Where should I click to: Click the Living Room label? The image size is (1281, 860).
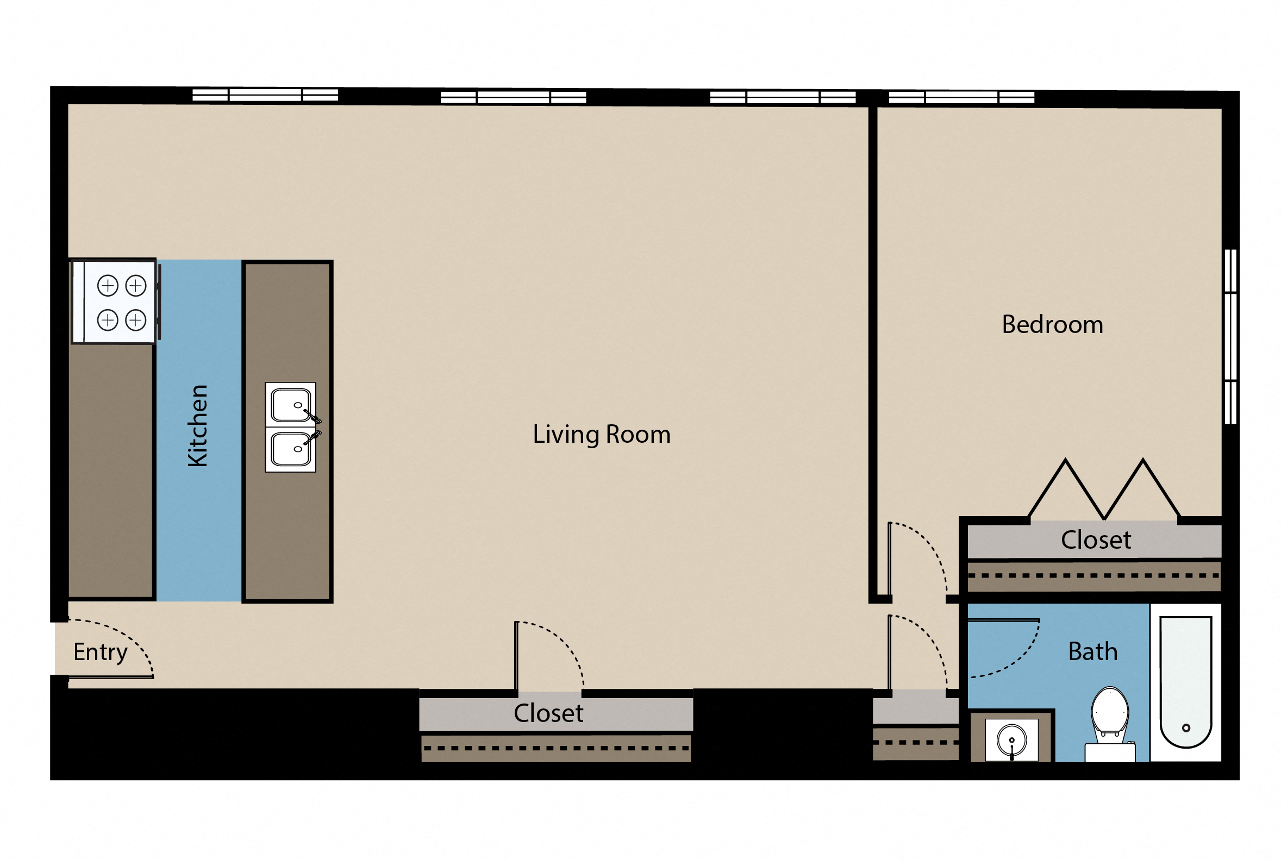click(x=601, y=435)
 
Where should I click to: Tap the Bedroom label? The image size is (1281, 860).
click(x=1052, y=325)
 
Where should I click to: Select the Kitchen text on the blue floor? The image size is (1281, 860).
click(x=198, y=425)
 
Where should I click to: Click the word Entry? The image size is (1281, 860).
click(x=101, y=652)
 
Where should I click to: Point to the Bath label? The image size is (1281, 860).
click(x=1092, y=651)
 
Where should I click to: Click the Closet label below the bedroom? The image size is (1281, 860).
click(x=1095, y=540)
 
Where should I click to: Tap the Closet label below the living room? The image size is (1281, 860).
click(x=548, y=713)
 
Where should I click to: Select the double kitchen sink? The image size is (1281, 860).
click(x=290, y=427)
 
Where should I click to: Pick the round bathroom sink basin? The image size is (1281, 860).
click(x=1011, y=740)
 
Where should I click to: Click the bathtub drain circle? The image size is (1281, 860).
click(x=1185, y=728)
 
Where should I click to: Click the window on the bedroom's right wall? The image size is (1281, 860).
click(x=1230, y=337)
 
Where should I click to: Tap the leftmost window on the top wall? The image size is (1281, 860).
click(x=265, y=95)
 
